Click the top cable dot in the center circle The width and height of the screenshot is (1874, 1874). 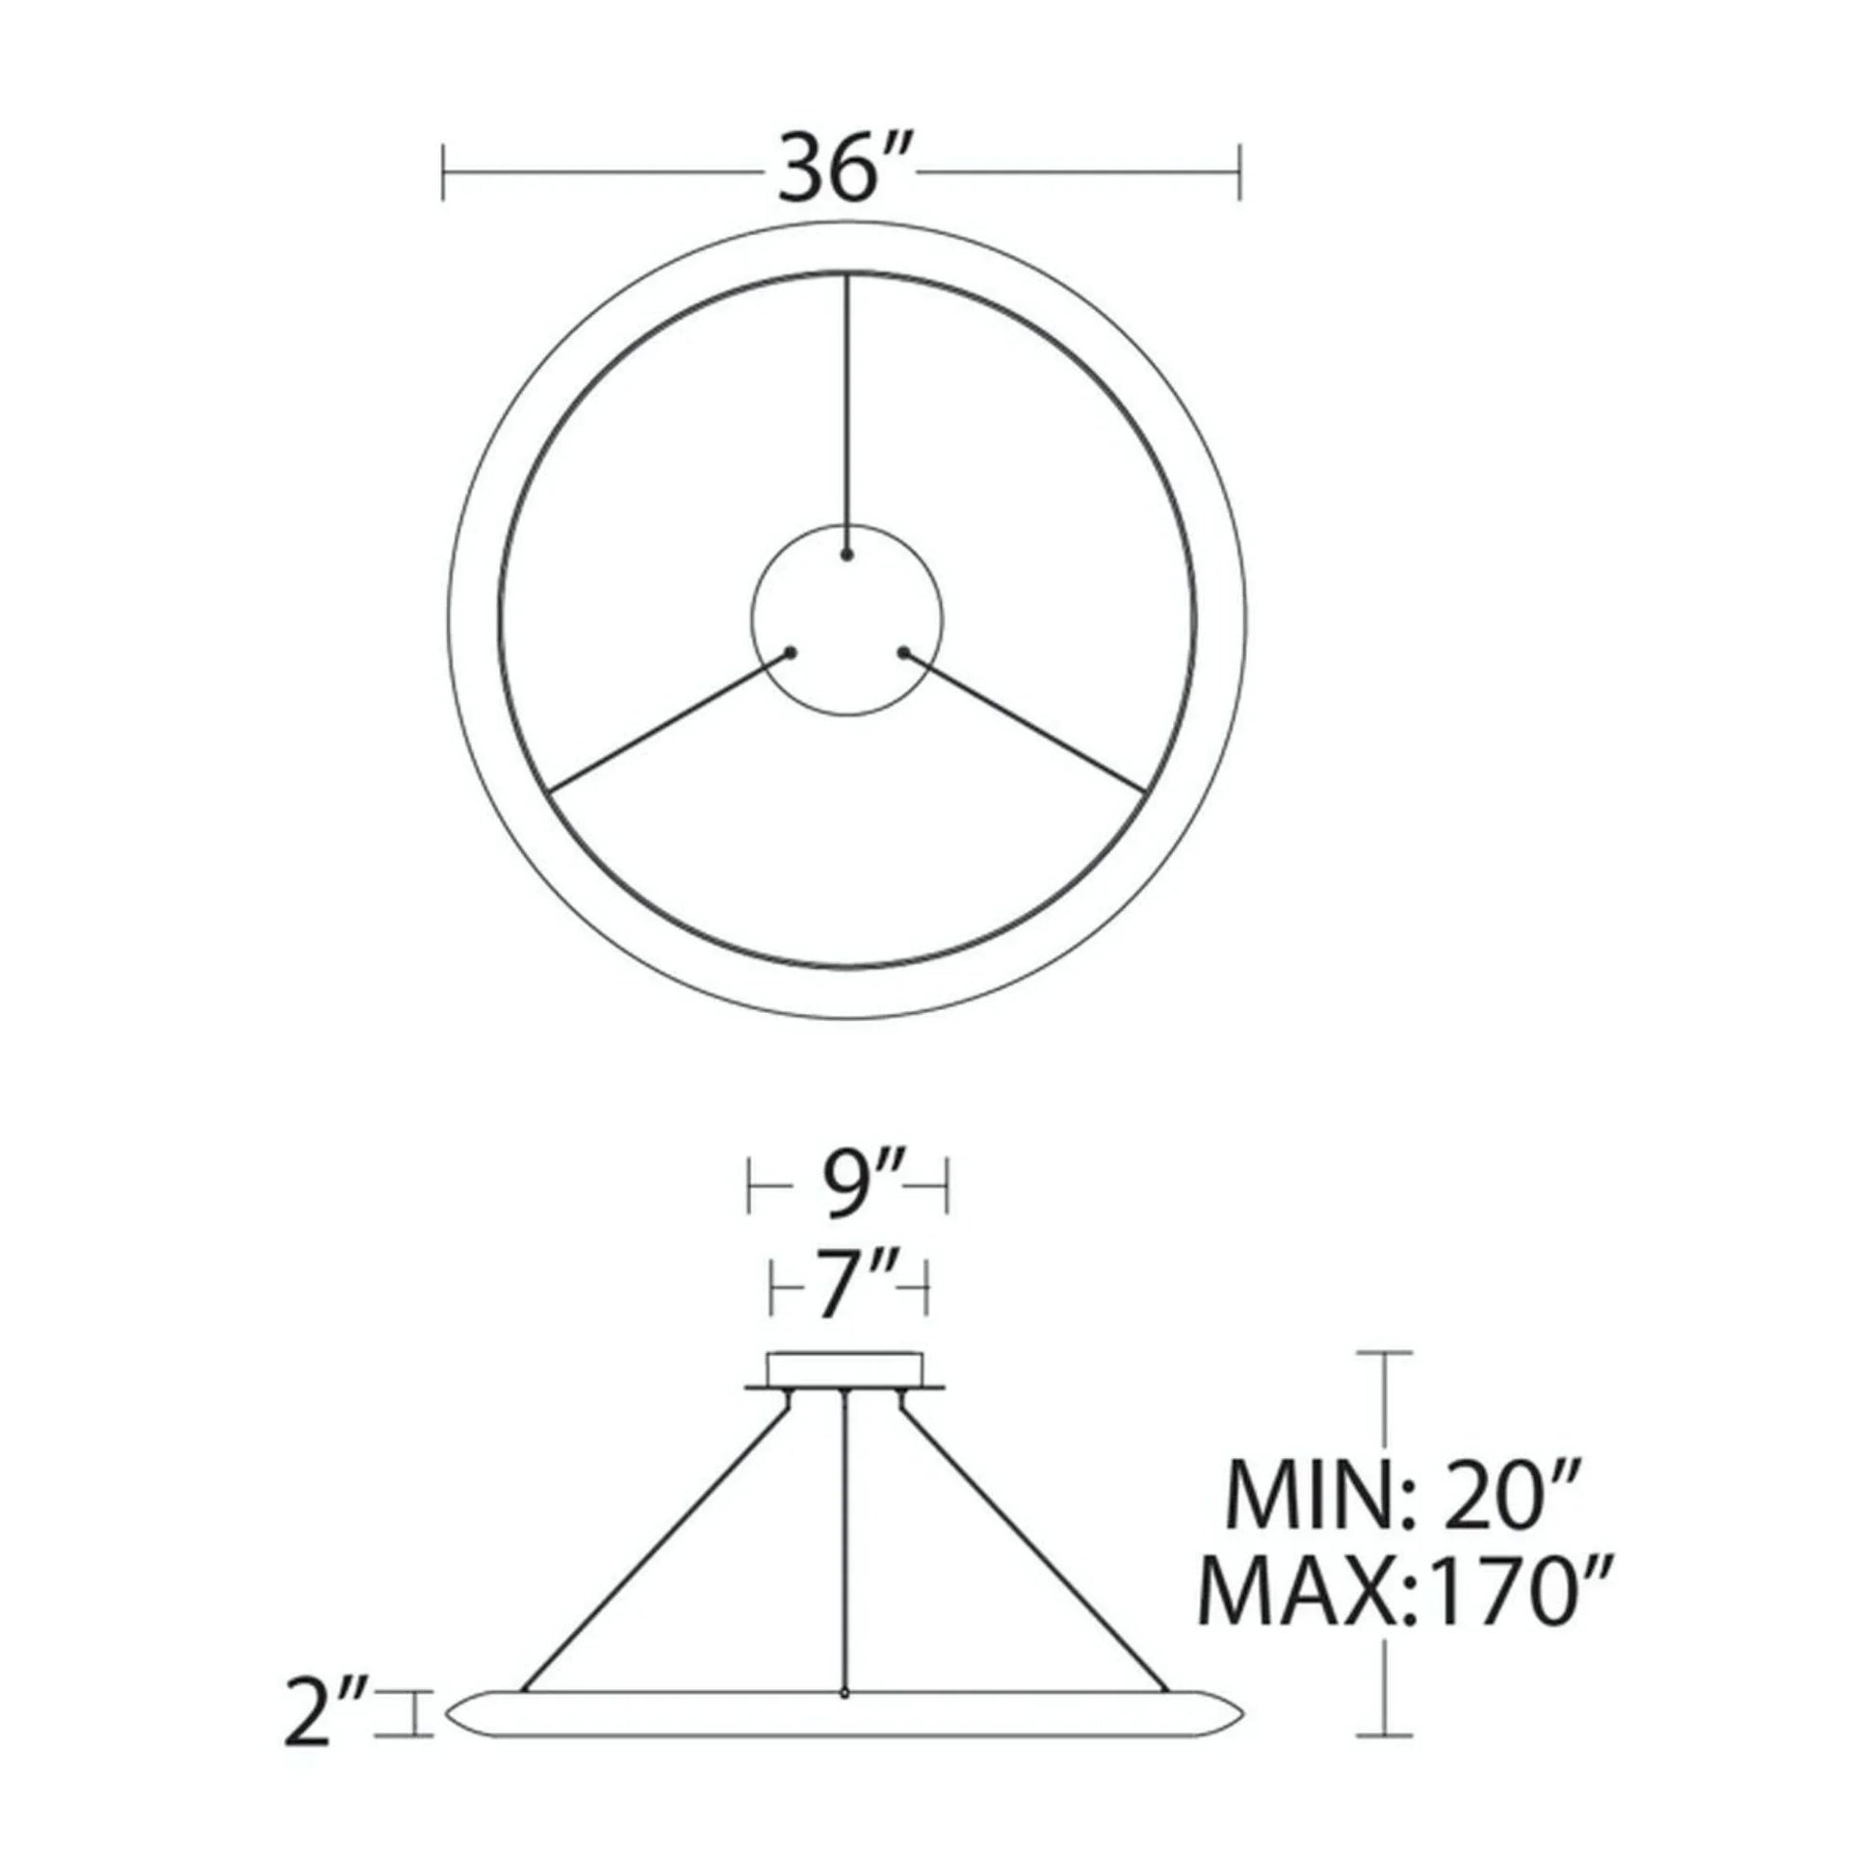[847, 556]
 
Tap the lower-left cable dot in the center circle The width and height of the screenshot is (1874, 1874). [792, 653]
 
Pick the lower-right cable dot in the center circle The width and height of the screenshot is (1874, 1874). [904, 653]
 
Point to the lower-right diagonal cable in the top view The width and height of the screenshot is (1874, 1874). [1024, 717]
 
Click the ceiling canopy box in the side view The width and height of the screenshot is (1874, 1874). [845, 1368]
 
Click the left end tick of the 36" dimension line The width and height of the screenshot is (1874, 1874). [443, 172]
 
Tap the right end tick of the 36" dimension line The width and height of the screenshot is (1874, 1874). [1240, 172]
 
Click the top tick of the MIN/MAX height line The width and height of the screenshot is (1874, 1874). [1383, 1352]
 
